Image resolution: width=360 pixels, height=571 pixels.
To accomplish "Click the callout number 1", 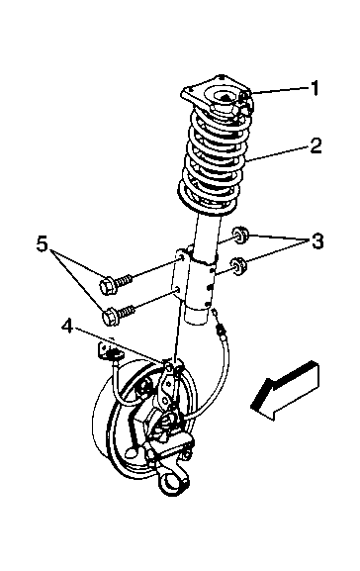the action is click(x=315, y=88).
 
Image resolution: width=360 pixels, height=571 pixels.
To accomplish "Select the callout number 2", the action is click(x=315, y=144).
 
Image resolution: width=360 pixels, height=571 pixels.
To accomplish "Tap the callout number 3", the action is click(x=317, y=241).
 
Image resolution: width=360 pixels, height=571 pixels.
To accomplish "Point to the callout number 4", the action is click(x=67, y=326).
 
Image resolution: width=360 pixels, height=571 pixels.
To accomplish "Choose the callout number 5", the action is click(x=43, y=243).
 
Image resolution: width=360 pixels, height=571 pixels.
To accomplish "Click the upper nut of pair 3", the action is click(x=240, y=235).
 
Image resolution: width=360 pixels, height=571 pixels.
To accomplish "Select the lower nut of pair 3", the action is click(x=238, y=266).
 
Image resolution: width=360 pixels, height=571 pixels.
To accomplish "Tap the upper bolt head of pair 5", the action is click(x=108, y=285).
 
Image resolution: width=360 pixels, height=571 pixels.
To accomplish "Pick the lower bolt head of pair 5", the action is click(x=111, y=317).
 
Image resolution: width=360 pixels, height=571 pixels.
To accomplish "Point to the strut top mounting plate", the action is click(x=217, y=95).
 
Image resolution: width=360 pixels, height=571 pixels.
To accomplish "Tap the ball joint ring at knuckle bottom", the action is click(x=171, y=485).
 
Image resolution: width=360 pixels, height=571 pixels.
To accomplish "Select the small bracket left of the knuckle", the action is click(x=106, y=350).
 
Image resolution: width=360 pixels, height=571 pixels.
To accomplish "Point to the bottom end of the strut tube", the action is click(x=197, y=316).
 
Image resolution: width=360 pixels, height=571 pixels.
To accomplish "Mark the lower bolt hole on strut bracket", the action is click(x=178, y=290).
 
